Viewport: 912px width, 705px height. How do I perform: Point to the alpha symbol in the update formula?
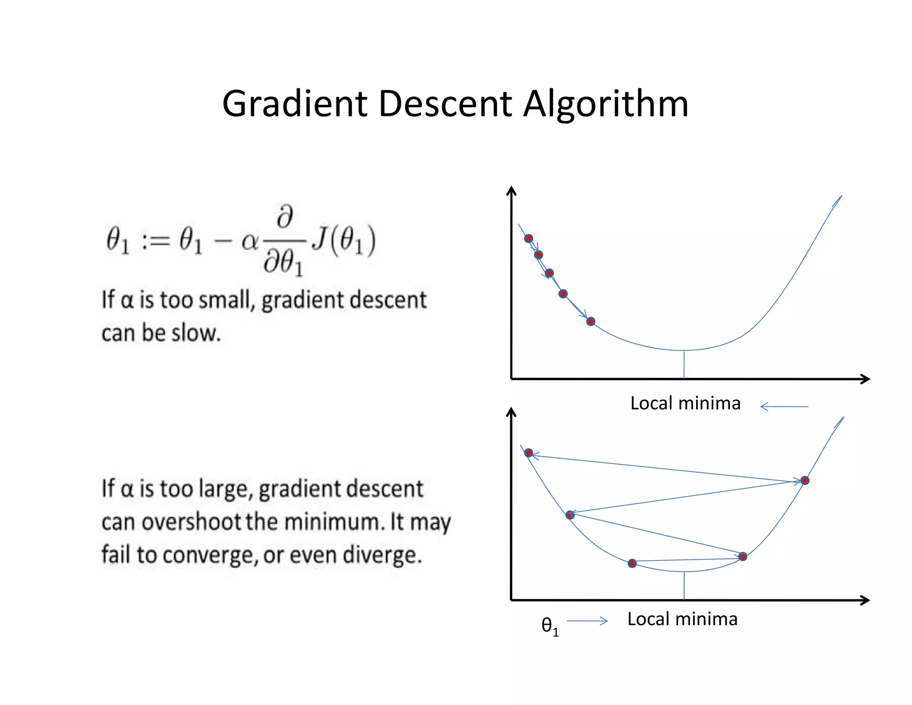[249, 242]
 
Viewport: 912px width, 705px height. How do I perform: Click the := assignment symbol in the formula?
[155, 241]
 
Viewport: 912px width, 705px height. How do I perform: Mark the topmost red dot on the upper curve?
[529, 238]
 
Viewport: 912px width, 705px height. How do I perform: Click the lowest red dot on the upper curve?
[590, 321]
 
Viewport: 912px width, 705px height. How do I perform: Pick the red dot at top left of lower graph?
[529, 453]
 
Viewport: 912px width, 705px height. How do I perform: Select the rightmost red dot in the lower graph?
[805, 480]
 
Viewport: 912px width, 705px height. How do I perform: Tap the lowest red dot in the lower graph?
[632, 564]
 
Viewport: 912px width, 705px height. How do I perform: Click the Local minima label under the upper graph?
[685, 403]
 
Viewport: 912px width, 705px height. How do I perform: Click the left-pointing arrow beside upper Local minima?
[784, 406]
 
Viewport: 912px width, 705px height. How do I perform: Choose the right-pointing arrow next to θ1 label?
[587, 621]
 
